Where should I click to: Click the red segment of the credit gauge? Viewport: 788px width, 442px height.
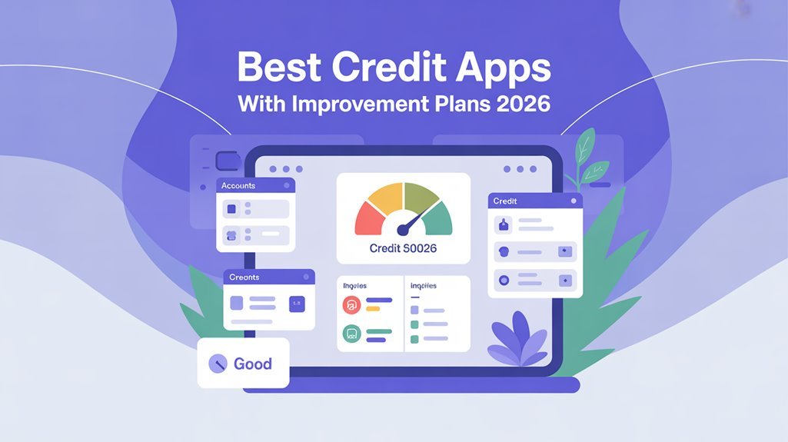point(367,220)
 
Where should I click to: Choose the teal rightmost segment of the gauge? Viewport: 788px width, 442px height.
point(440,220)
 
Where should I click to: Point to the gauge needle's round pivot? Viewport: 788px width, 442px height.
point(403,229)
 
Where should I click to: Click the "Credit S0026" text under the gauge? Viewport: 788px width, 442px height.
point(403,248)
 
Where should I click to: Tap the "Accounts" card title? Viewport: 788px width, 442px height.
point(238,186)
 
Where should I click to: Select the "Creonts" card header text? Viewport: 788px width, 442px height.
point(244,277)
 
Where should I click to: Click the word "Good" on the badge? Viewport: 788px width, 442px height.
point(252,364)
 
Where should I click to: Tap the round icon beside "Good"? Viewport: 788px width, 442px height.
point(218,364)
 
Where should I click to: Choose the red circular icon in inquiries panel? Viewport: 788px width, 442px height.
point(351,304)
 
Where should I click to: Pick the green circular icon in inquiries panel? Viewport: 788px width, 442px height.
point(351,334)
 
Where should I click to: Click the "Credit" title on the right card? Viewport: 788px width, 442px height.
point(505,201)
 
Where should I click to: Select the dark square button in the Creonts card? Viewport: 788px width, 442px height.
point(296,304)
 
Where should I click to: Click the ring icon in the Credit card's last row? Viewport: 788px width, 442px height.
point(504,281)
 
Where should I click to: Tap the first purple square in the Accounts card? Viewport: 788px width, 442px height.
point(231,208)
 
